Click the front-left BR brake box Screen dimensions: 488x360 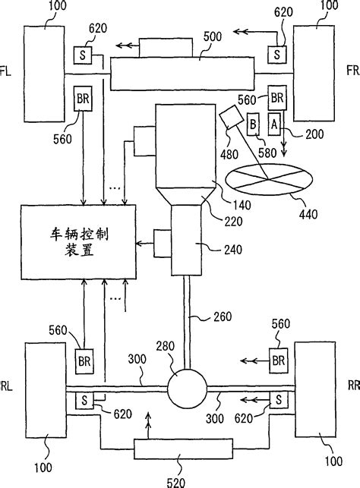(81, 97)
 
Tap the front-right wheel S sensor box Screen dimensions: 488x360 (276, 55)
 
